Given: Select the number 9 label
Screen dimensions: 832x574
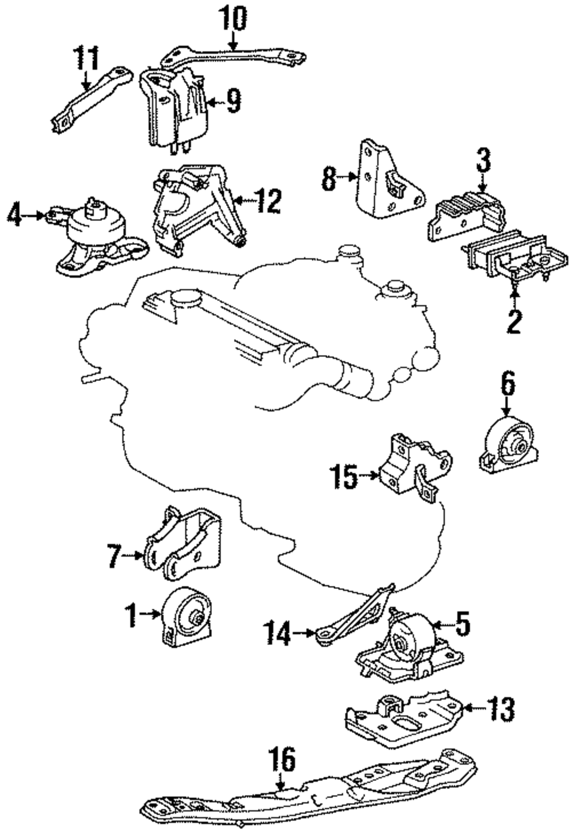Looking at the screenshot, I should click(x=233, y=102).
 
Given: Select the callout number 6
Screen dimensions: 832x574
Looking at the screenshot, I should click(x=507, y=384).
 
